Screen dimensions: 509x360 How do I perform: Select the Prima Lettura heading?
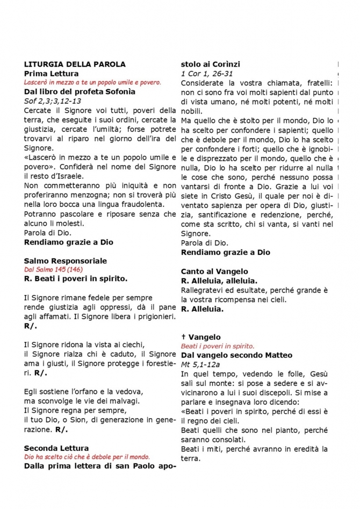(51, 73)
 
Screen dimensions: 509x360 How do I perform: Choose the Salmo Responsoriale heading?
(65, 261)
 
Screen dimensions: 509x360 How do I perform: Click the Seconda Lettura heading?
(56, 448)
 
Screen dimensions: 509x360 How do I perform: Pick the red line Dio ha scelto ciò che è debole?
(87, 457)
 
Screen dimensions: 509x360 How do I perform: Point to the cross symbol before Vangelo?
(183, 337)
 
